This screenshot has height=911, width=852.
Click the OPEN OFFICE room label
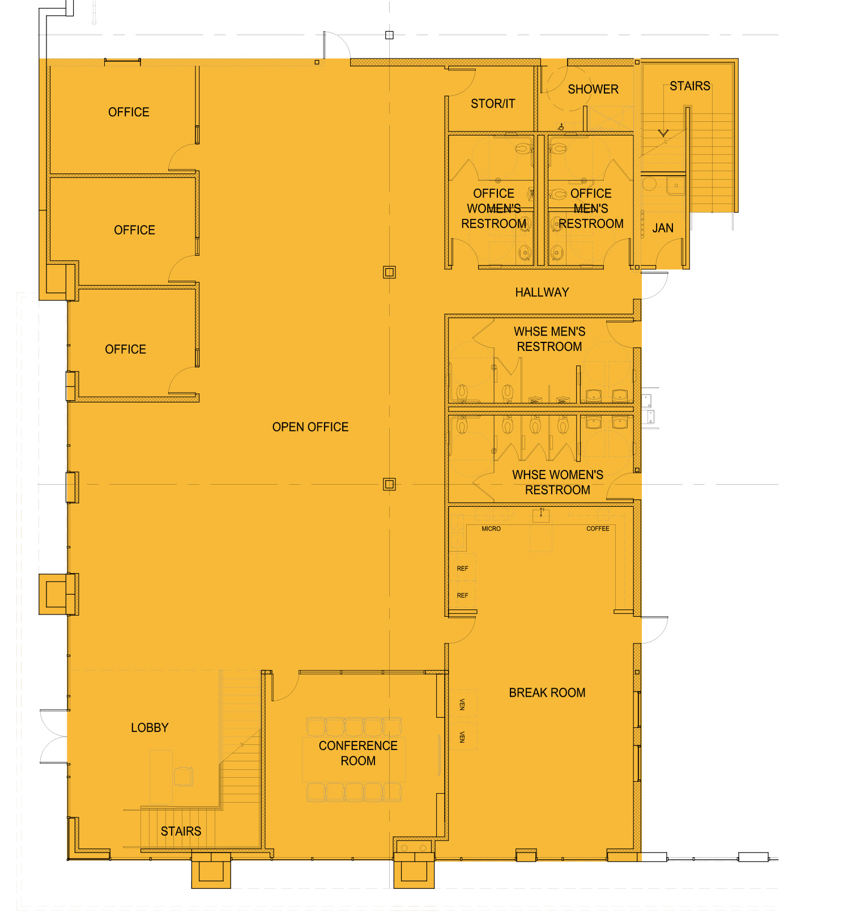tap(310, 427)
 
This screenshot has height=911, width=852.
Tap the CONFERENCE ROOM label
tap(358, 753)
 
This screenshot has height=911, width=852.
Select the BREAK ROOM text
tap(547, 693)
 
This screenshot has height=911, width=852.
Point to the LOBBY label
tap(150, 728)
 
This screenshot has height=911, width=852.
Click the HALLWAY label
tap(542, 293)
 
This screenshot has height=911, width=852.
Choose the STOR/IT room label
tap(493, 104)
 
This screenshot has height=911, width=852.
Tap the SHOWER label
tap(593, 90)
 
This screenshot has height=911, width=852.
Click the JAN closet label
tap(663, 228)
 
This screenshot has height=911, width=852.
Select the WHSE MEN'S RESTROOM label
tap(549, 339)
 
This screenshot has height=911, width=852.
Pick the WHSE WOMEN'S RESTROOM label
tap(558, 482)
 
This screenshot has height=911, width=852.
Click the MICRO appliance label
tap(491, 529)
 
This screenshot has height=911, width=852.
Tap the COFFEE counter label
tap(598, 529)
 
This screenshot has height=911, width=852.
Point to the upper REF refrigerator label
tap(462, 569)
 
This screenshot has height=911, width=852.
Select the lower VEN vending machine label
tap(462, 737)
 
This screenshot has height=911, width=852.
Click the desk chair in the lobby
tap(184, 776)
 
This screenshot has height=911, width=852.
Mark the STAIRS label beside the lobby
tap(181, 832)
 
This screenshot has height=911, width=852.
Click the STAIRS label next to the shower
tap(690, 86)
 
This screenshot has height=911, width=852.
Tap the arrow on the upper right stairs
tap(663, 133)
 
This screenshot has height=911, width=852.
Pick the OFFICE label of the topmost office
tap(129, 112)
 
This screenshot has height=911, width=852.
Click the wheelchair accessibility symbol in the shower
tap(561, 127)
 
